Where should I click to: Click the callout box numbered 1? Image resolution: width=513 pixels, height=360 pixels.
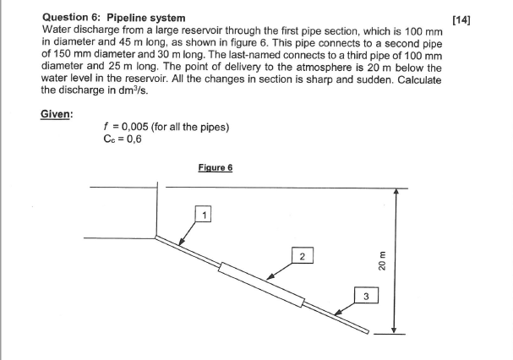pos(203,214)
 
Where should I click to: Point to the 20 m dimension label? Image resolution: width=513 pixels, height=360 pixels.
pos(382,263)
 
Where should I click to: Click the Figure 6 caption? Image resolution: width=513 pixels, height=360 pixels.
pos(216,167)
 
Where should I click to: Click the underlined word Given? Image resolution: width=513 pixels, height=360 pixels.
pos(57,114)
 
